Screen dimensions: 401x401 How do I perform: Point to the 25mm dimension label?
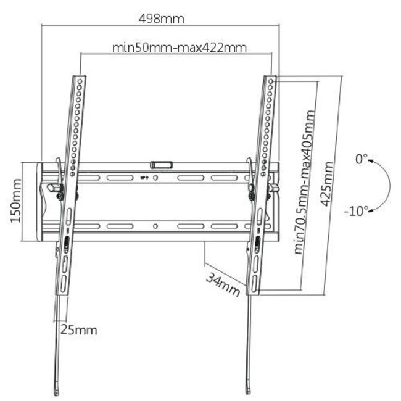[x=78, y=329]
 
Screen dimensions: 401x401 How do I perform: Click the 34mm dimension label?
[x=222, y=284]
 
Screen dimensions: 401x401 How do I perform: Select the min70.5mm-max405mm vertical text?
[x=304, y=182]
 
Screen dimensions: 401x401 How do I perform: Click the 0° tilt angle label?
[x=361, y=159]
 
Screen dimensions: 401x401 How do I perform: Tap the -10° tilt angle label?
[x=356, y=210]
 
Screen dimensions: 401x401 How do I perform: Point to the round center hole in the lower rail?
[x=155, y=226]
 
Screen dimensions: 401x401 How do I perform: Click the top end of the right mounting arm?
[x=271, y=79]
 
